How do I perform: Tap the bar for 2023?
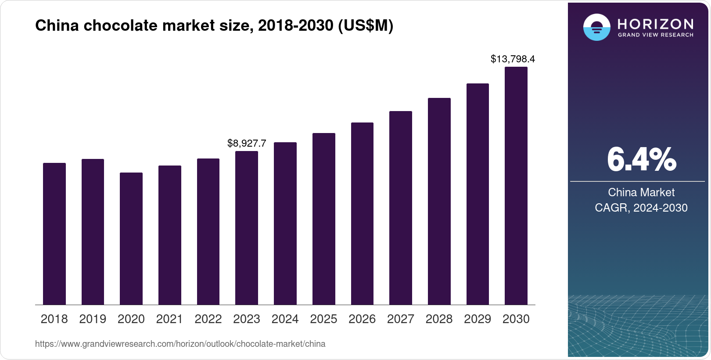click(x=247, y=228)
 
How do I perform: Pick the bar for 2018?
click(x=54, y=234)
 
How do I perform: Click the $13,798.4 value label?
click(x=513, y=59)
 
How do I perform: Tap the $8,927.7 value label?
click(x=247, y=143)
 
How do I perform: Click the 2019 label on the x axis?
click(x=93, y=319)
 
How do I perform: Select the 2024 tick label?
click(x=285, y=319)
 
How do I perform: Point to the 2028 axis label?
click(x=439, y=319)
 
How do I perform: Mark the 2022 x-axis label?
click(x=208, y=319)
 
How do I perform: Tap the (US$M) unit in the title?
click(x=365, y=26)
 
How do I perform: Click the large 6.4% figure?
click(x=641, y=160)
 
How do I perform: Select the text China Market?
click(x=641, y=192)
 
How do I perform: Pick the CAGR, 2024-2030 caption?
click(x=641, y=208)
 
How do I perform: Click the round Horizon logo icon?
click(x=596, y=27)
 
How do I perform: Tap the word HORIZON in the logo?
click(x=656, y=24)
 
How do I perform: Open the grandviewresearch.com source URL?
click(x=180, y=344)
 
